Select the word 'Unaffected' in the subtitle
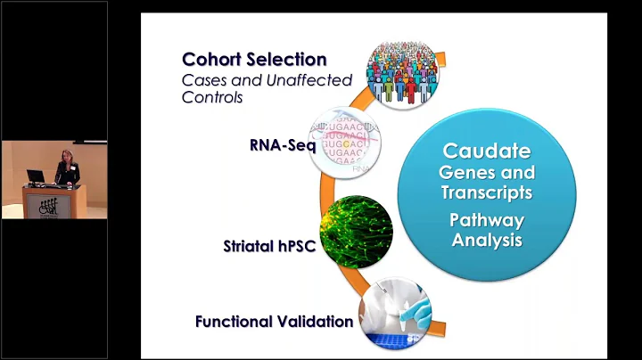pos(292,81)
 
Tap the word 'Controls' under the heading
pos(211,97)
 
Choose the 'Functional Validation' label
pos(275,321)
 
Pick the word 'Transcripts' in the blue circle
pos(487,192)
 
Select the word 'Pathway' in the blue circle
pos(487,220)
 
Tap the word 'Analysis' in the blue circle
pos(487,240)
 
